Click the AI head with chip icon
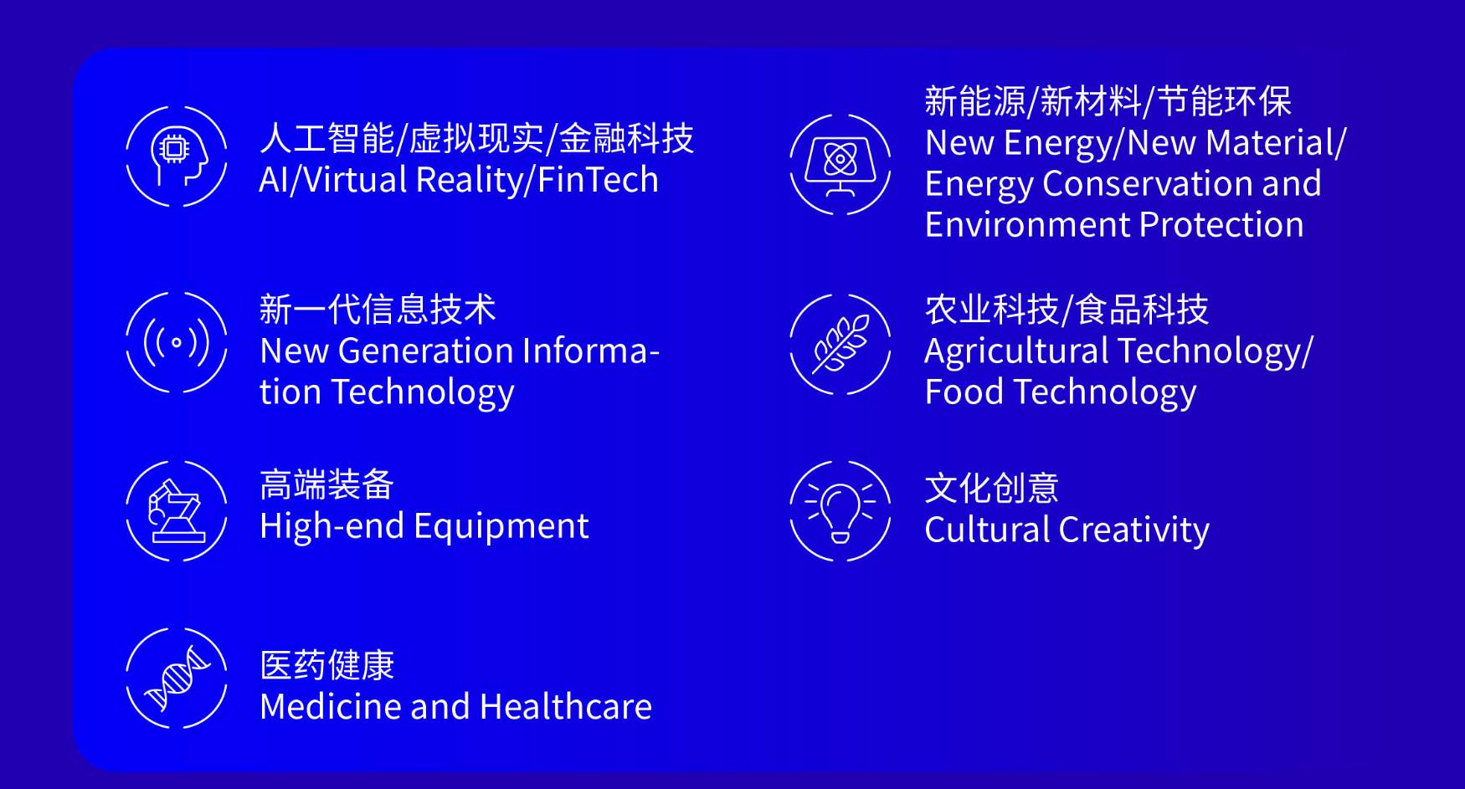click(177, 156)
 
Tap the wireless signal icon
click(177, 342)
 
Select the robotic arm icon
click(177, 510)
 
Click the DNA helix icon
click(177, 678)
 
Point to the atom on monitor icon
click(840, 164)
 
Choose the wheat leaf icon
click(840, 344)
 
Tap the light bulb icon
click(840, 510)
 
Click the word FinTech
click(598, 180)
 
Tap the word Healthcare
click(566, 707)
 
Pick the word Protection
click(1221, 225)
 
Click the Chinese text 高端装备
click(326, 484)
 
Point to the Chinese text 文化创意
click(992, 489)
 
